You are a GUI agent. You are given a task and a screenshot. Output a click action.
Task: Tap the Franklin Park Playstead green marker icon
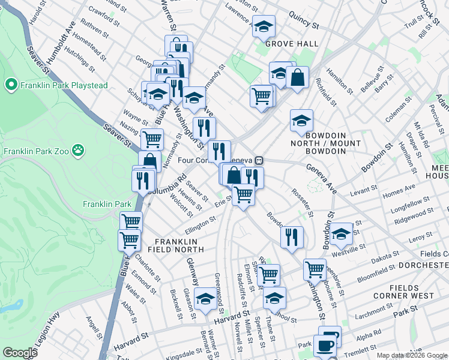(x=10, y=85)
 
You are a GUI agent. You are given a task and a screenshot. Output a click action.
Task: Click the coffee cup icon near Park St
(x=326, y=346)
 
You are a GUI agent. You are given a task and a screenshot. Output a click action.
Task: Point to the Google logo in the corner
(x=20, y=353)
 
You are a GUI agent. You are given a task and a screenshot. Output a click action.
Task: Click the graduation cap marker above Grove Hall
(x=264, y=27)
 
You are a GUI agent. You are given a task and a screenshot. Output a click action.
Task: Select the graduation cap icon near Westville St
(x=341, y=235)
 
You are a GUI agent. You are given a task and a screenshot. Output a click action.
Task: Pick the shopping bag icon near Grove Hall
(x=297, y=77)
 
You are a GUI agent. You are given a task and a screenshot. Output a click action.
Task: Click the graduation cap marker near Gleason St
(x=205, y=300)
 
